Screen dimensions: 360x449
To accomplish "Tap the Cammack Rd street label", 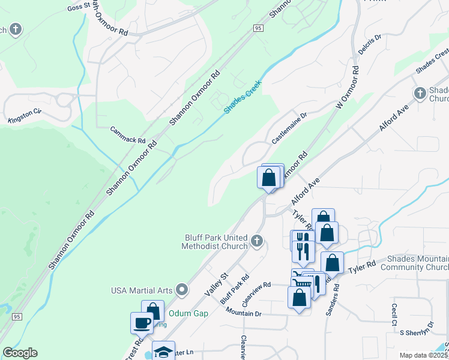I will pos(128,135).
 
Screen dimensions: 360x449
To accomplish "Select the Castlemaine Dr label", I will pos(289,127).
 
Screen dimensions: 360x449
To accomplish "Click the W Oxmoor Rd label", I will pos(347,88).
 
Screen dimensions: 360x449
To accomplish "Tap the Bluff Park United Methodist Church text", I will pos(216,242).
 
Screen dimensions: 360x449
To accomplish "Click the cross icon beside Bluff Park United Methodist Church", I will pos(257,241).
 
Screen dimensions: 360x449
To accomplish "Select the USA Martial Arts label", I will pos(142,290).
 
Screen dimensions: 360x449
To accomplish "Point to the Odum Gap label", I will pos(188,313).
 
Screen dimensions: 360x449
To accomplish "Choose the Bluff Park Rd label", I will pos(235,289).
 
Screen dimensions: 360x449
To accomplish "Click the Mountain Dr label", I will pos(244,313).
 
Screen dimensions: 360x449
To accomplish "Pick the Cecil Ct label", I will pos(395,313).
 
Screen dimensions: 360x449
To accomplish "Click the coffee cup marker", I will pos(142,323).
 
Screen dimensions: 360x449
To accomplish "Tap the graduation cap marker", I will pos(163,352).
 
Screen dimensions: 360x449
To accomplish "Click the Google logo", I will pos(20,353).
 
